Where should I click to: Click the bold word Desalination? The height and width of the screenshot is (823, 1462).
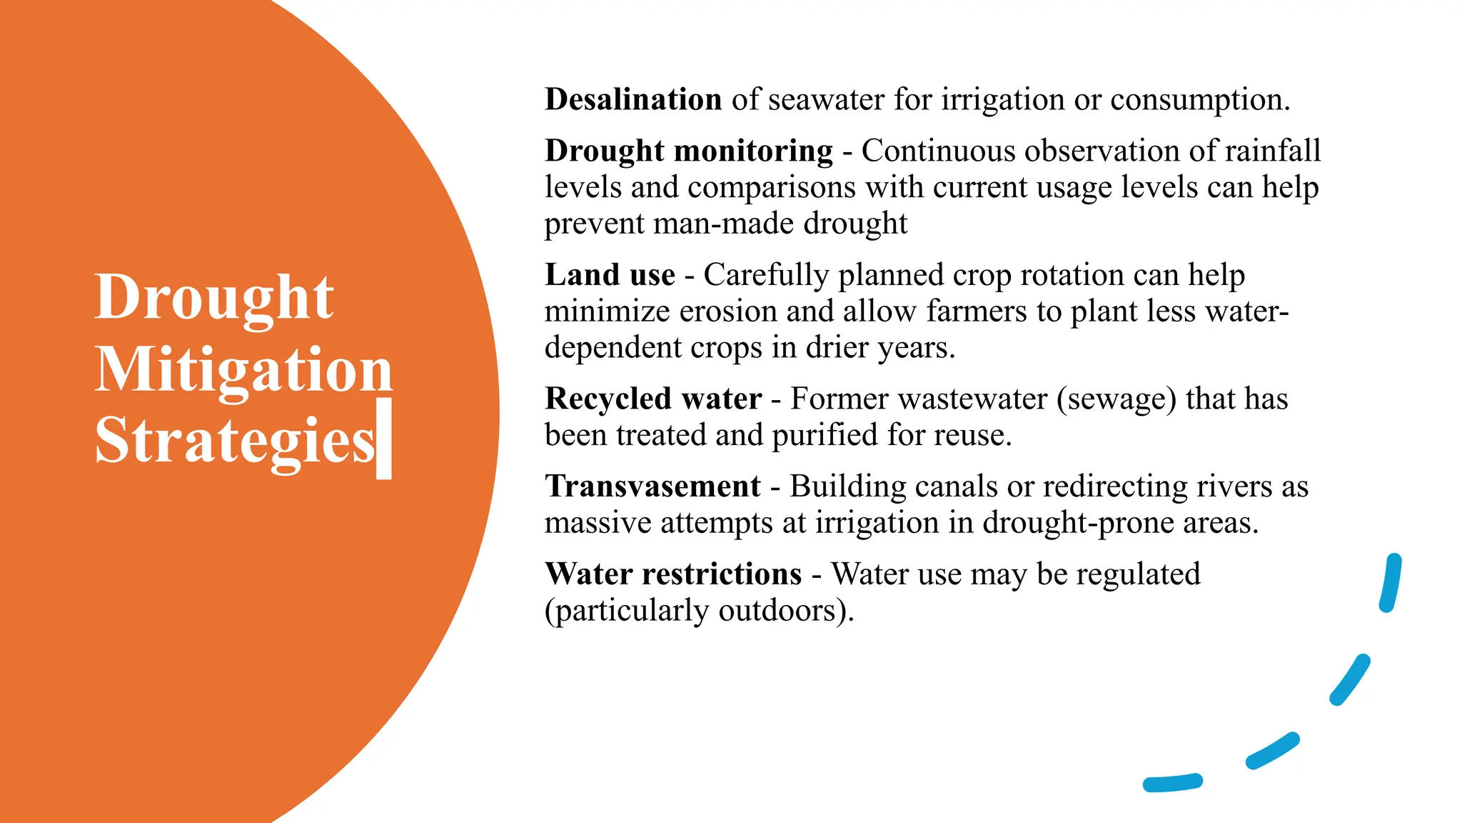tap(633, 99)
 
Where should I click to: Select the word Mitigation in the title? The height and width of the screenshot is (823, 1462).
tap(243, 369)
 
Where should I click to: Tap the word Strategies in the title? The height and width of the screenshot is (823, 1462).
tap(234, 440)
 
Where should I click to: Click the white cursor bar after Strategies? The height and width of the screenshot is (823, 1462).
tap(384, 438)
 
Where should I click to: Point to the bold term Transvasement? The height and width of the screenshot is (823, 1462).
tap(652, 487)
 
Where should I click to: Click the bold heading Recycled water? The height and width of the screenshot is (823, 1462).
tap(652, 399)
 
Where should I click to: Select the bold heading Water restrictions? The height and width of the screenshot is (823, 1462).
tap(673, 574)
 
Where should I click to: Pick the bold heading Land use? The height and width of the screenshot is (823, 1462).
tap(610, 275)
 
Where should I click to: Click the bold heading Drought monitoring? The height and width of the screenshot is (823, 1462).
tap(688, 151)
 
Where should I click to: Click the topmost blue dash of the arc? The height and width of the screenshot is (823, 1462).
tap(1390, 583)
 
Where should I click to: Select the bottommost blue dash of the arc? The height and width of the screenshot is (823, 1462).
tap(1173, 783)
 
